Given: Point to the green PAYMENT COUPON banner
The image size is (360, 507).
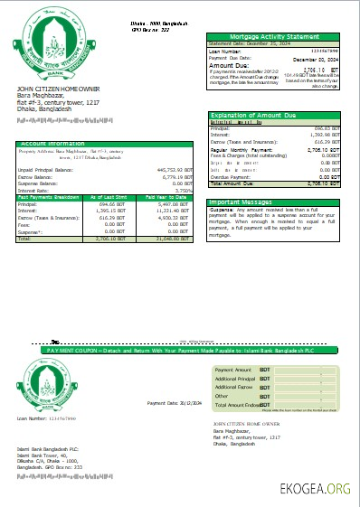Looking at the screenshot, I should [181, 348].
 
